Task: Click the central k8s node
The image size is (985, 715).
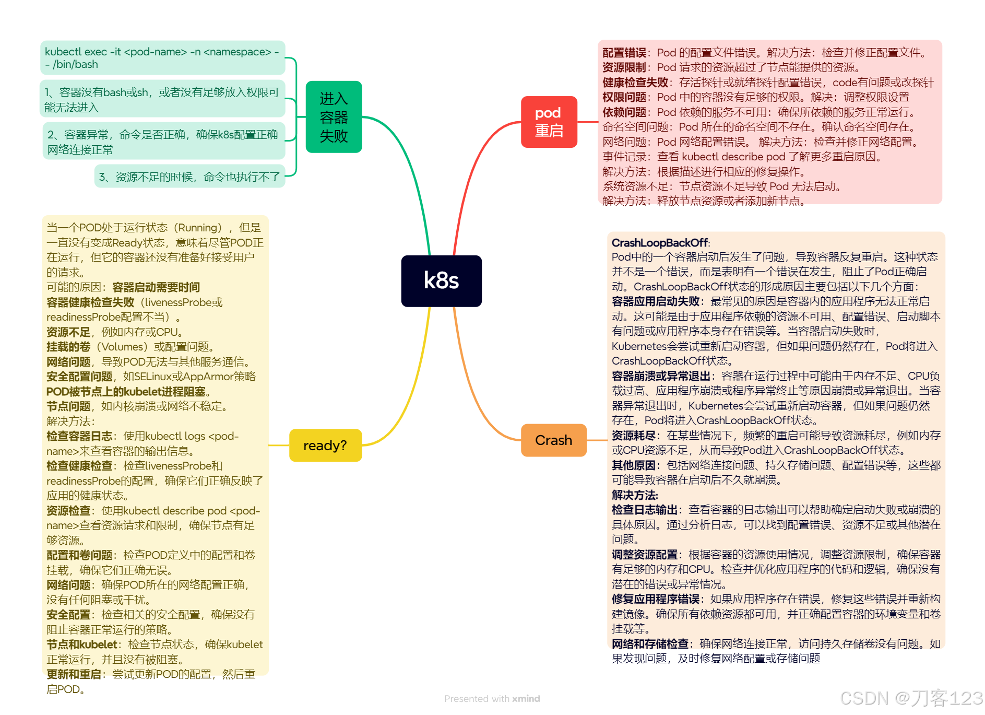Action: [x=441, y=281]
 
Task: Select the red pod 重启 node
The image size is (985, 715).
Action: [x=549, y=122]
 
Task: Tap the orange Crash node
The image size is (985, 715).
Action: [x=553, y=440]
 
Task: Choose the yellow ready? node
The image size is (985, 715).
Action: [x=325, y=446]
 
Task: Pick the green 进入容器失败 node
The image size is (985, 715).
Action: [x=334, y=117]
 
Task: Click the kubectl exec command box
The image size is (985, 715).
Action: [x=162, y=58]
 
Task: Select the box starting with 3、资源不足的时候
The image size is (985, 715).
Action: [x=189, y=177]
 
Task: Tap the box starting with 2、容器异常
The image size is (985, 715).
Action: [x=163, y=142]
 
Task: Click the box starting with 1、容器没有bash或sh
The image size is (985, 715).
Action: [x=162, y=99]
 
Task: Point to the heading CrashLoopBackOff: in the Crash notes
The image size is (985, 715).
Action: [x=660, y=243]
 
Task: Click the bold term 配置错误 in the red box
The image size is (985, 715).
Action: [x=624, y=53]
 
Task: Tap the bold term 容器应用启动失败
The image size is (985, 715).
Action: [x=656, y=301]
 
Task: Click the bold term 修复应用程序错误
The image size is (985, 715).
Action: [x=656, y=599]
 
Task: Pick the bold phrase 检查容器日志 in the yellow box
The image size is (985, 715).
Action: [x=79, y=436]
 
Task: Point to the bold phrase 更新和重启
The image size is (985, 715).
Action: [x=74, y=674]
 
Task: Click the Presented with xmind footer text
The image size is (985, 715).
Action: [x=492, y=699]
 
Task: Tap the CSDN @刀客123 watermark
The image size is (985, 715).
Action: [x=911, y=699]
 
